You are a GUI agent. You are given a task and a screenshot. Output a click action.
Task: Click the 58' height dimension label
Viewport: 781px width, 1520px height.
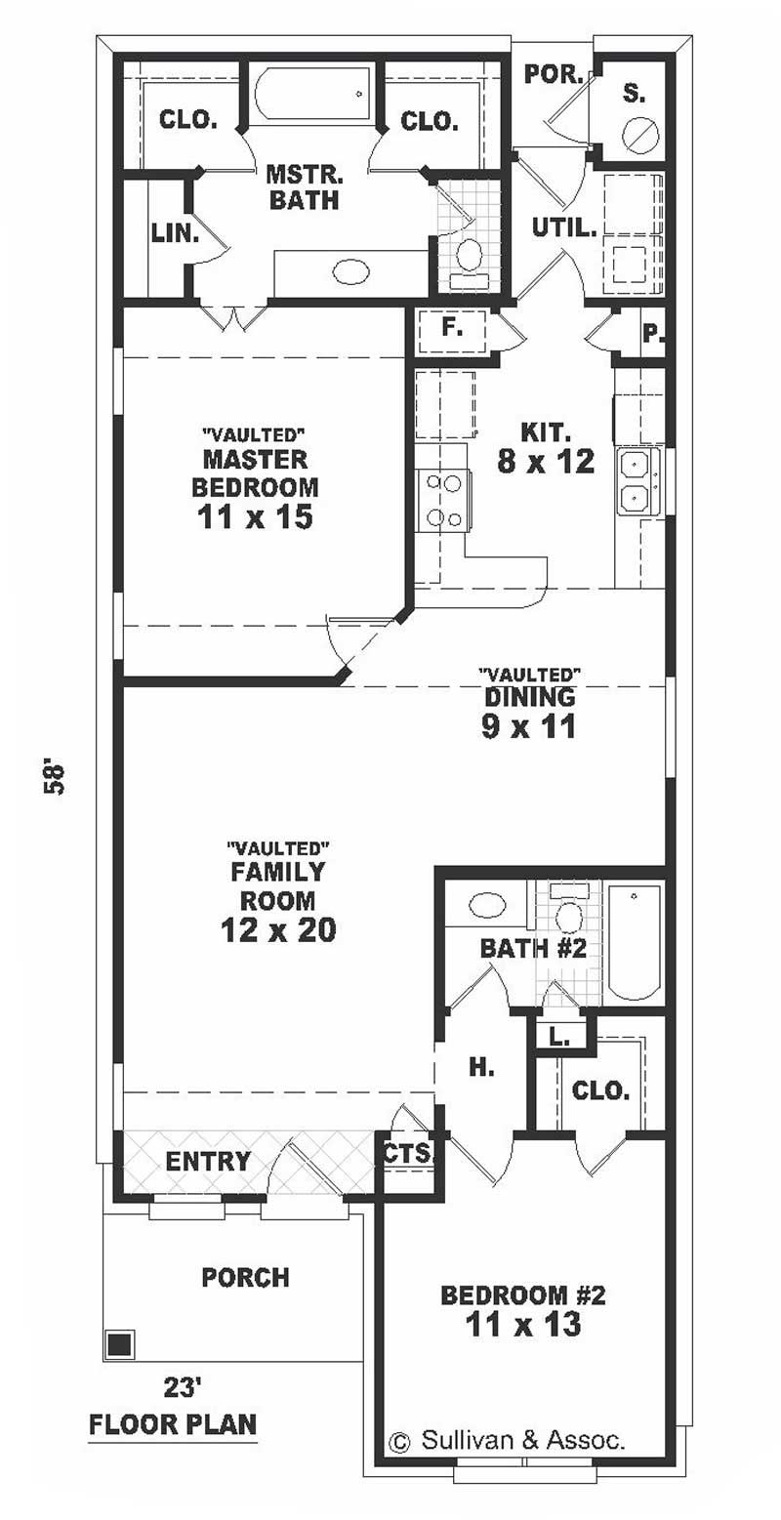click(x=54, y=778)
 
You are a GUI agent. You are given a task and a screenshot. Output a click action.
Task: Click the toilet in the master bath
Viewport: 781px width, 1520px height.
click(x=470, y=261)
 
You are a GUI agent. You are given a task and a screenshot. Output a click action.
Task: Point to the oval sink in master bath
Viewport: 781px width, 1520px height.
click(x=350, y=272)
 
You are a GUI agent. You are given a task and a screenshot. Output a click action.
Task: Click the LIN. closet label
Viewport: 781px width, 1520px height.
click(x=175, y=232)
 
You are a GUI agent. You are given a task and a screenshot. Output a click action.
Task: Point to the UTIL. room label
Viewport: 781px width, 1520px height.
click(x=564, y=228)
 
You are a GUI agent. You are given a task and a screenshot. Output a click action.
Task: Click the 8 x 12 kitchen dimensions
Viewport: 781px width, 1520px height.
click(x=546, y=462)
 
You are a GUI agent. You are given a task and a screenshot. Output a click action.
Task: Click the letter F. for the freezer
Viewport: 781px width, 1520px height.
click(x=451, y=327)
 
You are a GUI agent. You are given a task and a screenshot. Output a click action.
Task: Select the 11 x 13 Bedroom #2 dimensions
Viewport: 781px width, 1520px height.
click(x=523, y=1323)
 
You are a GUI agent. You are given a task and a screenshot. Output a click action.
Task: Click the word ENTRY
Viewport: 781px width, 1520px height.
click(x=208, y=1161)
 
